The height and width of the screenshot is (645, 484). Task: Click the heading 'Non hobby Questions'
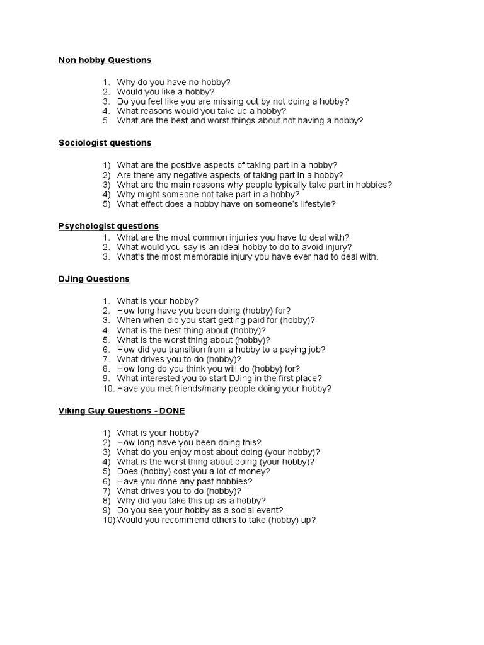coord(105,60)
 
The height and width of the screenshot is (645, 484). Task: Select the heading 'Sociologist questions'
coord(105,143)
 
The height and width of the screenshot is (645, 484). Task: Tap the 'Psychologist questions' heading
coord(108,226)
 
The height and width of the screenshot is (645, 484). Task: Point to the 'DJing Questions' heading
coord(94,278)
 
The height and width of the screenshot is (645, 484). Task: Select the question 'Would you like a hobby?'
coord(166,91)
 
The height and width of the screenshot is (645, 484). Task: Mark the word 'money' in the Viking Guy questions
coord(255,471)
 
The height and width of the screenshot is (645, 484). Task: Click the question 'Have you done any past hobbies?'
coord(180,481)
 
